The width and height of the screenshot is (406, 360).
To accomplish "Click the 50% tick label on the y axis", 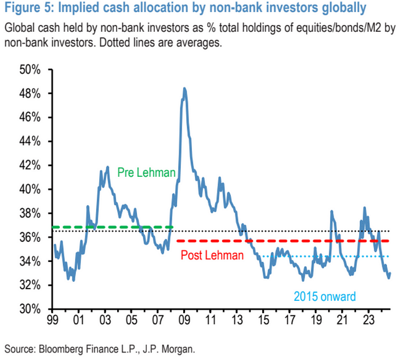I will coord(30,70).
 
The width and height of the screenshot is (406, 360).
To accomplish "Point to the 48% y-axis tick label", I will coord(30,93).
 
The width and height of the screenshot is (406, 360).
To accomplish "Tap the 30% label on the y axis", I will coord(30,309).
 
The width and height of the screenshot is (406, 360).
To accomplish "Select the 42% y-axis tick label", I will coord(30,165).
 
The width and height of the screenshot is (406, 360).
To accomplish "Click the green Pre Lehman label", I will coord(146,172).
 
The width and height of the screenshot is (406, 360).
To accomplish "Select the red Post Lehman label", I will coord(212,254).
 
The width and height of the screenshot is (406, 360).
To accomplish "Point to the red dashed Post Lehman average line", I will coord(290,241).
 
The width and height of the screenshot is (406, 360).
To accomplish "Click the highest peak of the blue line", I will coord(184,89).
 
